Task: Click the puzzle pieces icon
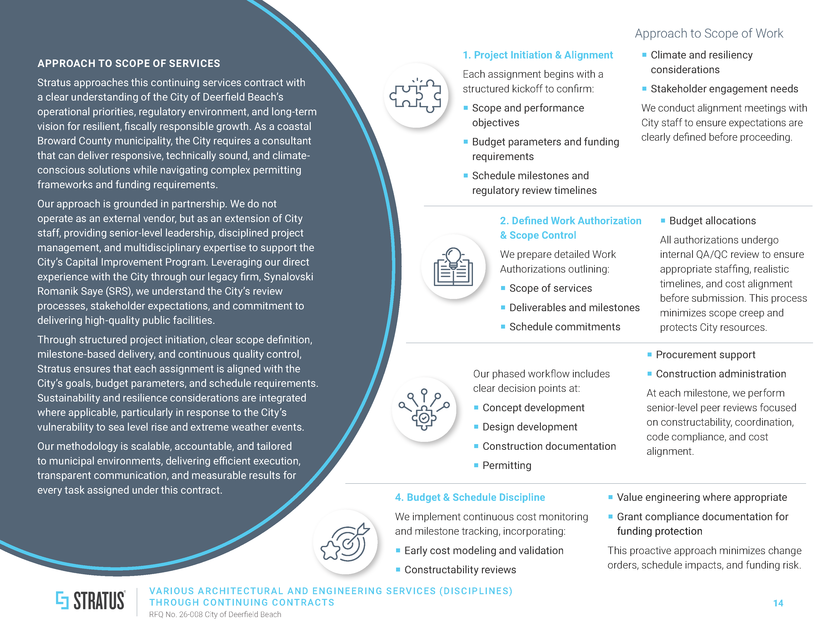(416, 96)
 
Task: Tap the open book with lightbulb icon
(453, 267)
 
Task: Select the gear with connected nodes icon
(424, 409)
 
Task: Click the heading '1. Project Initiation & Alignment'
(538, 55)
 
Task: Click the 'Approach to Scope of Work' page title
(709, 33)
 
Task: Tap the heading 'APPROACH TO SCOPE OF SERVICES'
(129, 63)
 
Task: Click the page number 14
(778, 603)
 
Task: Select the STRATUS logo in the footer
(91, 600)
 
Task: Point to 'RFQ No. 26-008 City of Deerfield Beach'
(215, 614)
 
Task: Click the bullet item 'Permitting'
(507, 465)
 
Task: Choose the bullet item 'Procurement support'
(705, 355)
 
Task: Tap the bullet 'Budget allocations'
(712, 221)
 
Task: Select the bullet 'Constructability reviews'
(460, 570)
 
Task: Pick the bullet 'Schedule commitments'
(565, 327)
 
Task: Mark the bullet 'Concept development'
(533, 408)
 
